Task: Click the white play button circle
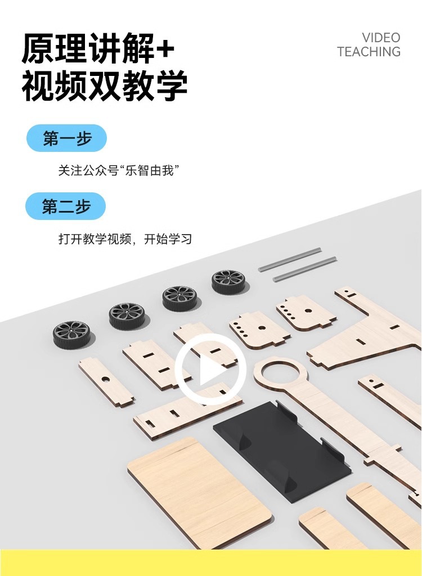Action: (210, 370)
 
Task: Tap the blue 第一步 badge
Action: (66, 138)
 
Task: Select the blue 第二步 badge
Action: (66, 206)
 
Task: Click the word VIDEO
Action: (381, 38)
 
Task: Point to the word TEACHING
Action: (369, 52)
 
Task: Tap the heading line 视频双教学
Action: (105, 86)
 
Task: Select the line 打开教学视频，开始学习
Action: (125, 238)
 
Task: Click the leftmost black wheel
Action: (71, 334)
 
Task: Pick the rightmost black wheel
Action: (228, 281)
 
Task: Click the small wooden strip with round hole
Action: (105, 381)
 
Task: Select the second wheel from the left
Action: (127, 316)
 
